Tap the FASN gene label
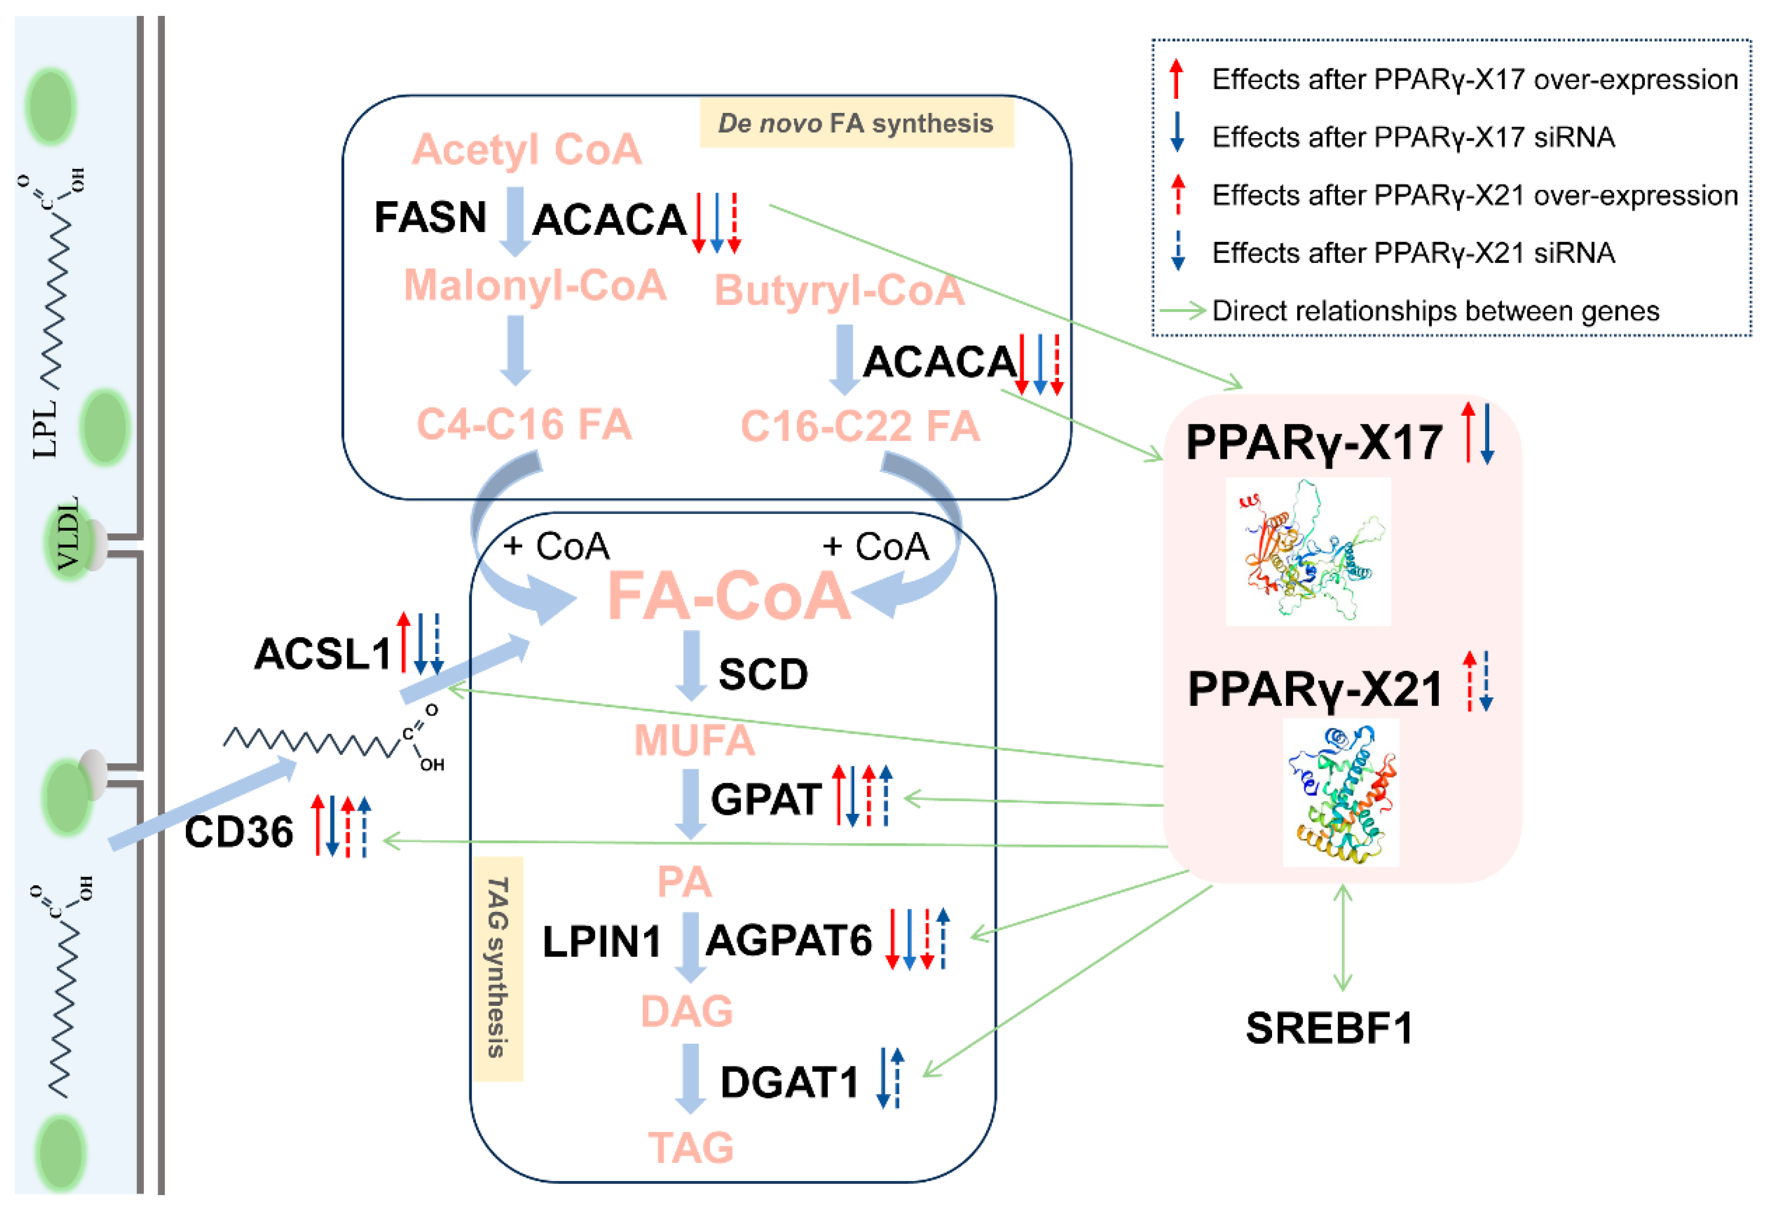coord(430,217)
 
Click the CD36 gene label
coord(238,831)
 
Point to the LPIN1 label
coord(602,942)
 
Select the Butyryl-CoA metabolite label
coord(839,290)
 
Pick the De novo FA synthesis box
coord(856,123)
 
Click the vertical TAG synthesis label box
coord(498,968)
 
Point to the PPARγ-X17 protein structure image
coord(1307,551)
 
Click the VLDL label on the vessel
coord(69,533)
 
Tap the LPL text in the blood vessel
coord(46,429)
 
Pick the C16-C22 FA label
coord(860,426)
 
